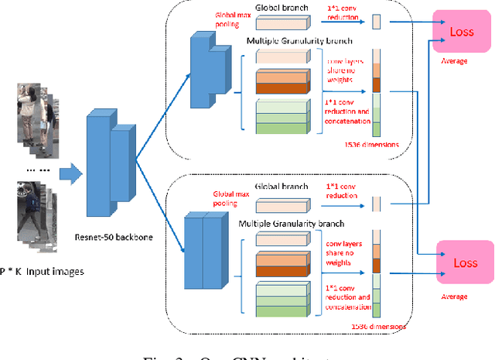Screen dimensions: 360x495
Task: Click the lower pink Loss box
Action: (x=465, y=262)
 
